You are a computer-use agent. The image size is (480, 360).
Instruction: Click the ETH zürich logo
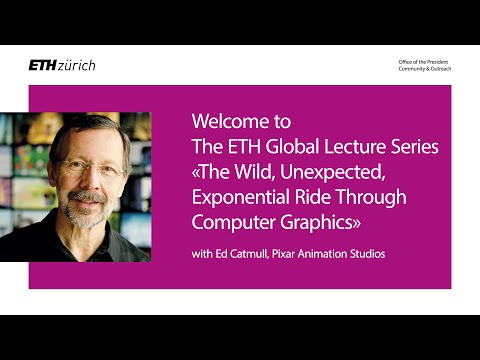[62, 65]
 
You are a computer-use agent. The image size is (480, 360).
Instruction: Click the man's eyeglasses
[90, 171]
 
